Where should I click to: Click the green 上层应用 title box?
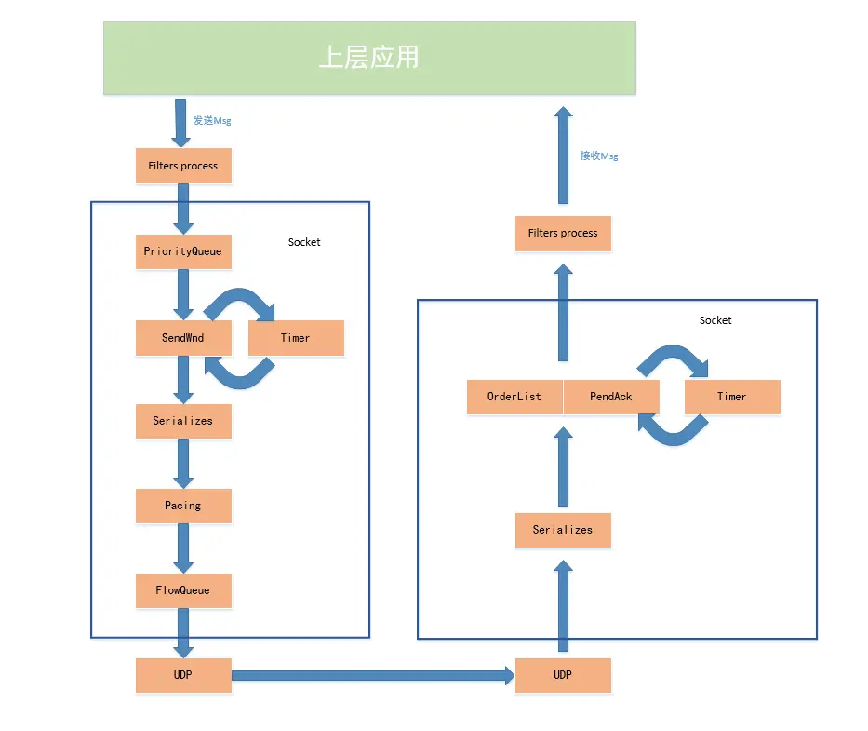[x=369, y=58]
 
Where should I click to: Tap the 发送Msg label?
[x=211, y=121]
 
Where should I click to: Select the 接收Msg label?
[x=598, y=156]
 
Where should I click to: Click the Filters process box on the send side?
[x=183, y=166]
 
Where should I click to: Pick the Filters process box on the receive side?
[x=563, y=233]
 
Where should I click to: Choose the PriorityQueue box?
[x=183, y=251]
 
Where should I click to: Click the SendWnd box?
[x=183, y=337]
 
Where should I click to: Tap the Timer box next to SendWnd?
[x=296, y=337]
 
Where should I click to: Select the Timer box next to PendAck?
[x=731, y=397]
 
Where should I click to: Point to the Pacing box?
[x=183, y=506]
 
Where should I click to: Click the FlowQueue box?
[x=183, y=590]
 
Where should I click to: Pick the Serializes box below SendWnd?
[x=183, y=421]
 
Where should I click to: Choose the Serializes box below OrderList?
[x=563, y=530]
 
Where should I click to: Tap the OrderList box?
[x=514, y=397]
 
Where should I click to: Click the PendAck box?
[x=611, y=397]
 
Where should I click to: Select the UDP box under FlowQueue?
[x=183, y=675]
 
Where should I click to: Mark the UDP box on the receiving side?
[x=563, y=675]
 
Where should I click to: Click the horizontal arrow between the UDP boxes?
[x=372, y=675]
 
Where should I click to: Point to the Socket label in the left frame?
[x=304, y=242]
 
